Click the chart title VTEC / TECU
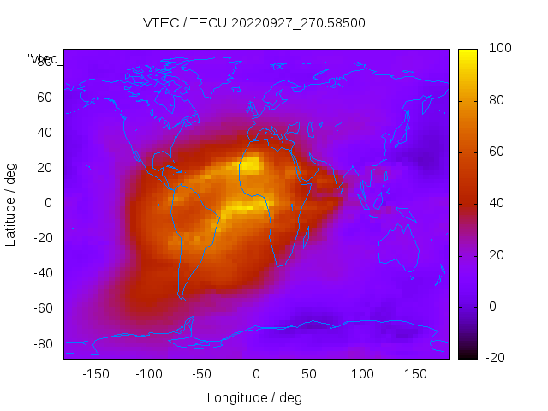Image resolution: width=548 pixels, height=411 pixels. [254, 23]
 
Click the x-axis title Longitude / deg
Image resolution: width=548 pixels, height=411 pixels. [254, 397]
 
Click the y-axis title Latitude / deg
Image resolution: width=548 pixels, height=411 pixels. [11, 204]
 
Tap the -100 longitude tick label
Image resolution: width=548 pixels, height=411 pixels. [148, 374]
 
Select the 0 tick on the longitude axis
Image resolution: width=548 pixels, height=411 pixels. [255, 374]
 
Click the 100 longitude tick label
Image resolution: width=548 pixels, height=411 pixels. [362, 374]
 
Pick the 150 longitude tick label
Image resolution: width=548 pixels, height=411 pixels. [415, 374]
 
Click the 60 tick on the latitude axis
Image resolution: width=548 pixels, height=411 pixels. [45, 98]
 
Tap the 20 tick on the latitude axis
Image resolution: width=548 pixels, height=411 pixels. [45, 168]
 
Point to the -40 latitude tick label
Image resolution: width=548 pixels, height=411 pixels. [42, 273]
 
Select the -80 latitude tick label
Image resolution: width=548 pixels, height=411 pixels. [42, 343]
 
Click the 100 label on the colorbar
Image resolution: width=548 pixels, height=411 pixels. [499, 49]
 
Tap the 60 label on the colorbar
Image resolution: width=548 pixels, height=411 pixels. [496, 152]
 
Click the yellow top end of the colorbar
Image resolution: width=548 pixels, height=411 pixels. [468, 53]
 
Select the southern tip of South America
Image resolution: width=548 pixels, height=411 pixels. [182, 299]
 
